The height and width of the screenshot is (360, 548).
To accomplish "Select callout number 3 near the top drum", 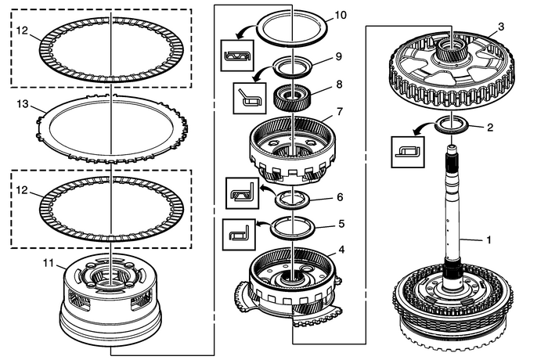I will pyautogui.click(x=500, y=27).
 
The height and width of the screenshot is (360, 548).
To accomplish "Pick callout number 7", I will pyautogui.click(x=340, y=111).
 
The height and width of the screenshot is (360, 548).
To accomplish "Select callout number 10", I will pyautogui.click(x=339, y=15).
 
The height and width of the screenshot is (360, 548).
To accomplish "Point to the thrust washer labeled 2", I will pyautogui.click(x=452, y=124).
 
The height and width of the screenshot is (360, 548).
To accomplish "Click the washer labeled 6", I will pyautogui.click(x=294, y=199).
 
